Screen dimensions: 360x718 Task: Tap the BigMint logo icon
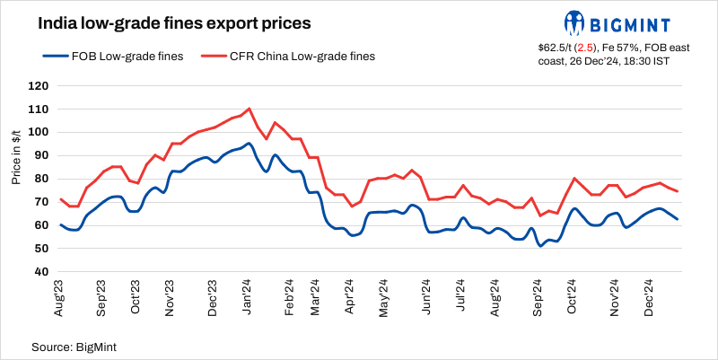click(575, 22)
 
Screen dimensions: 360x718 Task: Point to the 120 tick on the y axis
click(37, 86)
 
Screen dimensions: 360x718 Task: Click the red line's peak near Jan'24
click(249, 109)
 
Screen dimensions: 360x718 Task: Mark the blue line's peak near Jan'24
click(249, 144)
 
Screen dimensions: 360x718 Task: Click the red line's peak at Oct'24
click(574, 178)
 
